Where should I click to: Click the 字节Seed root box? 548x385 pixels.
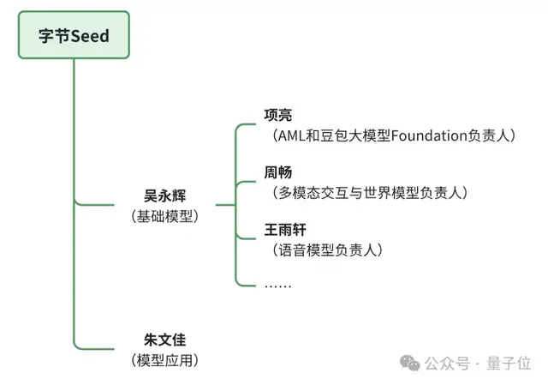74,35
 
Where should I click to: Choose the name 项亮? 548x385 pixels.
278,115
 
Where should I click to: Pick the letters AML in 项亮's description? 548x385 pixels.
289,135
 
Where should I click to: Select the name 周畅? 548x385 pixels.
278,171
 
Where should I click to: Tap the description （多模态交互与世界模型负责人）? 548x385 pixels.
366,192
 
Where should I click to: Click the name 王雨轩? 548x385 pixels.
285,230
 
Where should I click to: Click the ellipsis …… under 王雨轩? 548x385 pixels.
277,284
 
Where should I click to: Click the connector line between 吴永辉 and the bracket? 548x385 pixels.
224,205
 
